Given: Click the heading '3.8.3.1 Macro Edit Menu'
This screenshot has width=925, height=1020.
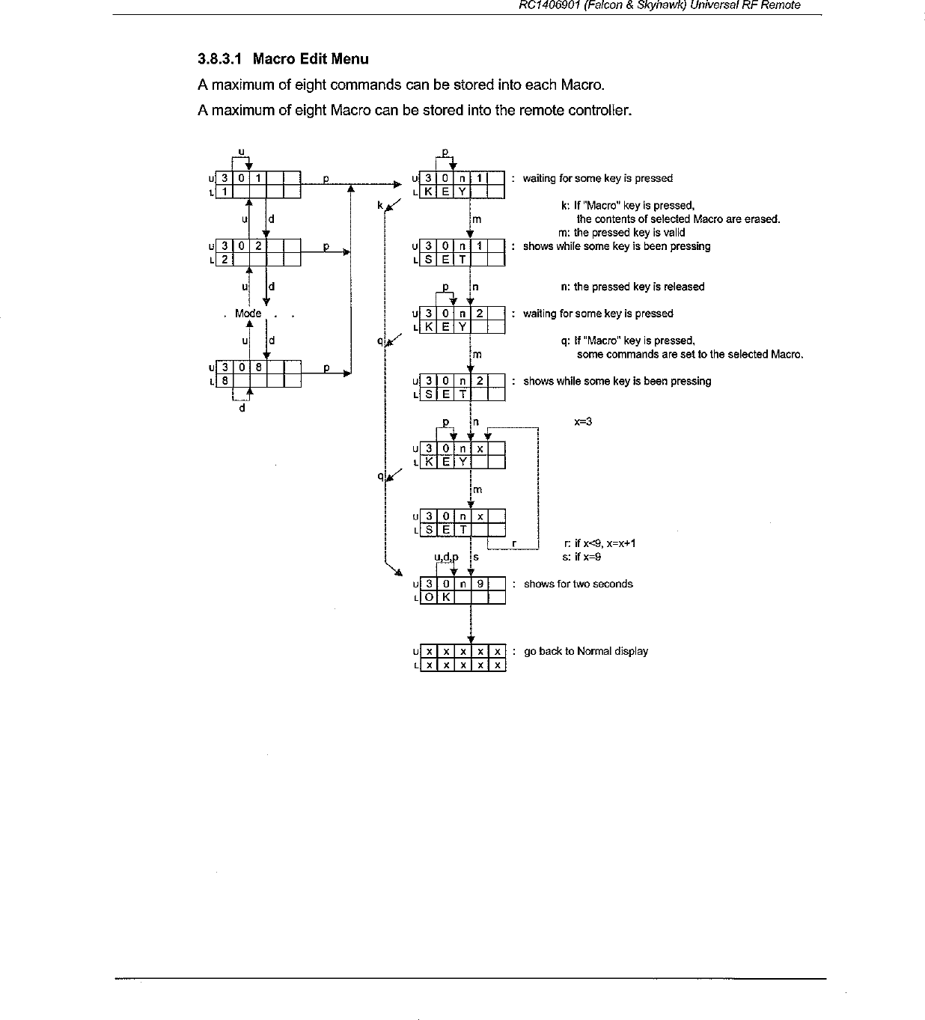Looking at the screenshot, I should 283,58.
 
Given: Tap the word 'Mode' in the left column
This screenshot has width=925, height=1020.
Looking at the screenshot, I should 248,314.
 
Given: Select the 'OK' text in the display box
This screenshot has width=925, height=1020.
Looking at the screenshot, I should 436,597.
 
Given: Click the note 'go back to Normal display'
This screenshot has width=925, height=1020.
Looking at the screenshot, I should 585,651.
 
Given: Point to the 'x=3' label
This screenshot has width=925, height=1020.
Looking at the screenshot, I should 583,421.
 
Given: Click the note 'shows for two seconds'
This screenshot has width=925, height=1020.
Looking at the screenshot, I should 578,584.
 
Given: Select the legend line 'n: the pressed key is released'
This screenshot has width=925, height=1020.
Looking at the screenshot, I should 632,287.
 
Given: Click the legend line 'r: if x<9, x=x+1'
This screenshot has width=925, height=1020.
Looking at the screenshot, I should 599,543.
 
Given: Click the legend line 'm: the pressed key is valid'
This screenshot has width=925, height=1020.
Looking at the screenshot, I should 621,233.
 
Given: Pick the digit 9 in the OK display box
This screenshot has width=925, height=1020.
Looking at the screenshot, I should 480,584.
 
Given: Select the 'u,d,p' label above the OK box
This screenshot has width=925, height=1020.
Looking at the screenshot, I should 446,557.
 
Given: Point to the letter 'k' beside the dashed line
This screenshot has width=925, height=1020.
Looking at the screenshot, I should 380,204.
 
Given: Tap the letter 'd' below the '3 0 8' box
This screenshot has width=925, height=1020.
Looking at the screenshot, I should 241,409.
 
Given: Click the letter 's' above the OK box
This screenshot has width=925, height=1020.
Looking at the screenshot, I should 476,557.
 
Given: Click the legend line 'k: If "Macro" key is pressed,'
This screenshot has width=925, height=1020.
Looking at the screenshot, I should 627,205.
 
